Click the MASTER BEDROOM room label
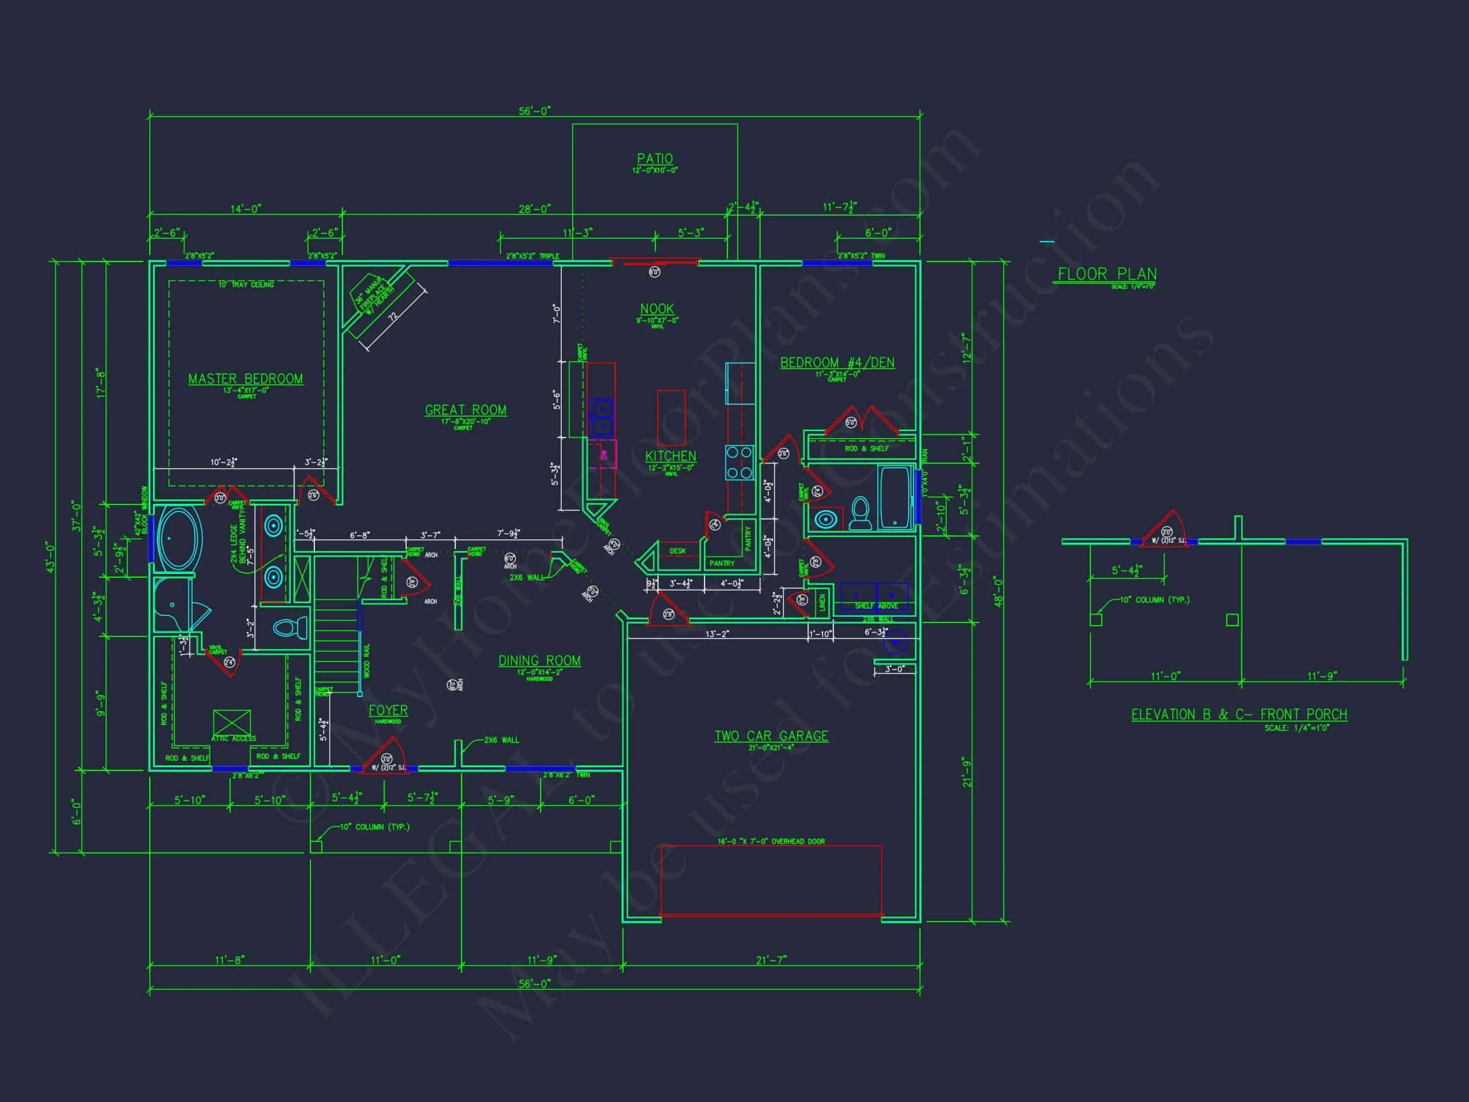pos(245,379)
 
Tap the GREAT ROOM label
pos(465,411)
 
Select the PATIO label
pos(655,159)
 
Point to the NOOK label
pos(657,309)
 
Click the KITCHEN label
pos(671,457)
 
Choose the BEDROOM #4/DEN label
pos(837,363)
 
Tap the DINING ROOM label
pos(539,661)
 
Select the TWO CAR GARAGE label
pos(771,736)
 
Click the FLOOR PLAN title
pos(1107,274)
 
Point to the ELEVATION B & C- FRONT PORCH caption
pos(1239,715)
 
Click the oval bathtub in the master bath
pos(178,539)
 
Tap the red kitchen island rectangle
pos(671,417)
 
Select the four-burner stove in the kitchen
pos(739,462)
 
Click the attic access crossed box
pos(232,723)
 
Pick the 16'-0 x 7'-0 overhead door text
pos(770,842)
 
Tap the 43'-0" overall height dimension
pos(51,557)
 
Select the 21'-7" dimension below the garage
pos(770,960)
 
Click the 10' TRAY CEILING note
pos(245,285)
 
